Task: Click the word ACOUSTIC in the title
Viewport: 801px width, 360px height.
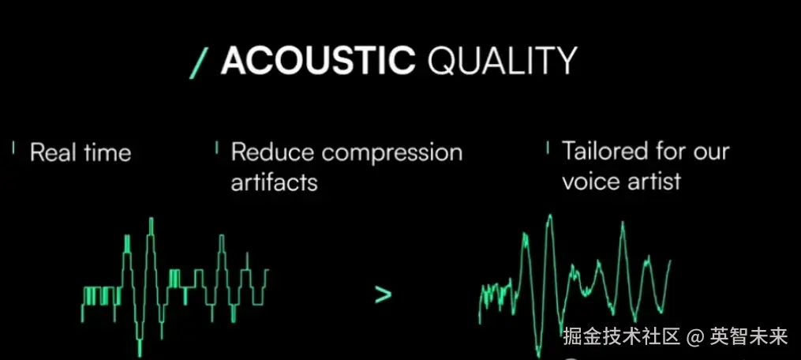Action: coord(318,61)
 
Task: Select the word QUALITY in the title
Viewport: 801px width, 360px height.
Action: coord(502,61)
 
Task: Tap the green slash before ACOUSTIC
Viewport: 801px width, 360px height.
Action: coord(199,62)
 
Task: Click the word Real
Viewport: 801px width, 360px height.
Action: coord(50,152)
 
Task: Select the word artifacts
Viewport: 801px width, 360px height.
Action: coord(274,182)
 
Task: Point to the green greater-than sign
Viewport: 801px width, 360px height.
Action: coord(383,294)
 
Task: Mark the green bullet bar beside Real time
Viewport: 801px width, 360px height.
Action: coord(13,148)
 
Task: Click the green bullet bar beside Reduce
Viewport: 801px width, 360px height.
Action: coord(216,148)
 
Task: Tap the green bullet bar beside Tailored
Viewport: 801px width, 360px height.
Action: coord(548,148)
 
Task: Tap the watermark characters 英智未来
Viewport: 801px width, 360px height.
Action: coord(748,336)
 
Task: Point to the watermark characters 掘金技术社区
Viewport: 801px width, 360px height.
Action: coord(622,336)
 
